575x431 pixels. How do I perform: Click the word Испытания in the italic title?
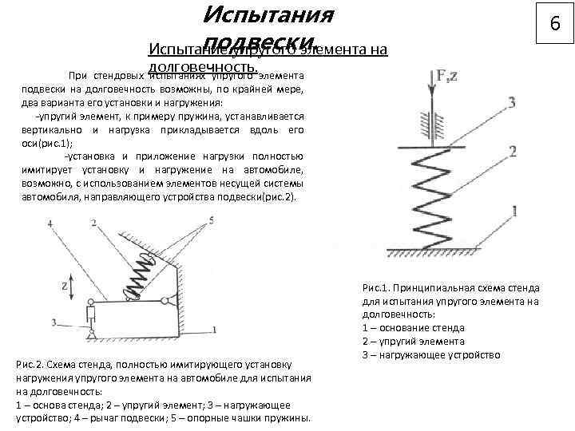tap(268, 14)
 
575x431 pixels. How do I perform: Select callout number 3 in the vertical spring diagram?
tap(511, 102)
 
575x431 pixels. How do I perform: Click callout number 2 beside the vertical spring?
tap(513, 152)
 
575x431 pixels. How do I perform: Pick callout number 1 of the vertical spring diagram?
tap(513, 212)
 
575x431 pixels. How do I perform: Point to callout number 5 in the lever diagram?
tap(211, 219)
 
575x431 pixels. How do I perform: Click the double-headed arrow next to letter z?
tap(72, 285)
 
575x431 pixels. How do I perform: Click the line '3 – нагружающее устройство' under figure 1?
tap(430, 354)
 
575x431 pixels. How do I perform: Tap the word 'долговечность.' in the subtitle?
tap(203, 67)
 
